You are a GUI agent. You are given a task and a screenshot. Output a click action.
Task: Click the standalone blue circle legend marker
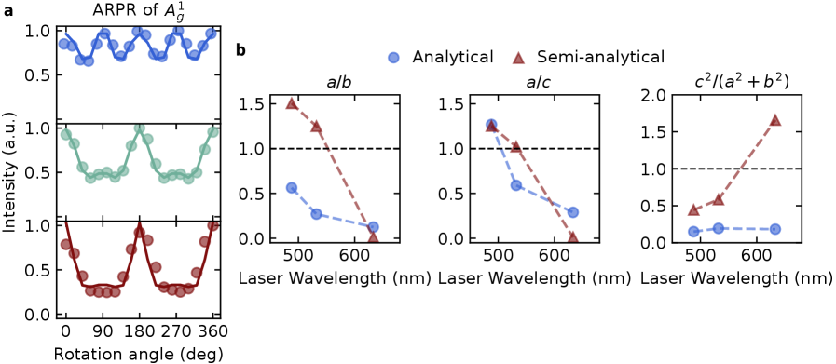pyautogui.click(x=393, y=58)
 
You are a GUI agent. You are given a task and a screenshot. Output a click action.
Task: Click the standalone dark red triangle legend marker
pyautogui.click(x=518, y=59)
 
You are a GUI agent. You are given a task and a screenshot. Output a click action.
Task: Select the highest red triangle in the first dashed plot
pyautogui.click(x=292, y=103)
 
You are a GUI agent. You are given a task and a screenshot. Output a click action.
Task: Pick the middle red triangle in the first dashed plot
pyautogui.click(x=316, y=126)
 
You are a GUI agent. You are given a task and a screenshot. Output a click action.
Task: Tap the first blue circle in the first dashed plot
pyautogui.click(x=292, y=188)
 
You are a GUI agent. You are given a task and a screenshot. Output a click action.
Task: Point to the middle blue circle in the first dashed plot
pyautogui.click(x=316, y=213)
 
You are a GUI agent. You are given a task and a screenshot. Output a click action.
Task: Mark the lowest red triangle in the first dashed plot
pyautogui.click(x=373, y=236)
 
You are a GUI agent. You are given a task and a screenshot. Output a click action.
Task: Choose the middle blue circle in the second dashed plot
pyautogui.click(x=516, y=184)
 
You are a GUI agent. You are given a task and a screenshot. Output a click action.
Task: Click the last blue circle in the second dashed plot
pyautogui.click(x=572, y=212)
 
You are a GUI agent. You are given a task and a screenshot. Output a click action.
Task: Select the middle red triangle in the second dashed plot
pyautogui.click(x=516, y=146)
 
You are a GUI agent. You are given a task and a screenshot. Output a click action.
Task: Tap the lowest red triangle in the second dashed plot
pyautogui.click(x=572, y=236)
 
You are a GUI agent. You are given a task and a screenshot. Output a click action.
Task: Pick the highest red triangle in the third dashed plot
pyautogui.click(x=774, y=119)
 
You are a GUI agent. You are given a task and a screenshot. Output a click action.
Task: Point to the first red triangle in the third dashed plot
pyautogui.click(x=693, y=209)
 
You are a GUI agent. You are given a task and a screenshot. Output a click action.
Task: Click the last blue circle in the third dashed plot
pyautogui.click(x=774, y=229)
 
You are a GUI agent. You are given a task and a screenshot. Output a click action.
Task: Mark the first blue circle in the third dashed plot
pyautogui.click(x=693, y=231)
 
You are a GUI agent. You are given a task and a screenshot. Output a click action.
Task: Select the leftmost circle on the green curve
pyautogui.click(x=66, y=135)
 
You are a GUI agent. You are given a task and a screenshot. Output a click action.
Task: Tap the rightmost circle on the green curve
pyautogui.click(x=212, y=132)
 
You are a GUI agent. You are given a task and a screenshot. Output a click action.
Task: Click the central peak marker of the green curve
pyautogui.click(x=140, y=128)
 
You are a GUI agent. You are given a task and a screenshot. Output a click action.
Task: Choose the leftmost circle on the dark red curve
pyautogui.click(x=66, y=244)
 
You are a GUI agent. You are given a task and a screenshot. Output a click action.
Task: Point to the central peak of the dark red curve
pyautogui.click(x=140, y=230)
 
